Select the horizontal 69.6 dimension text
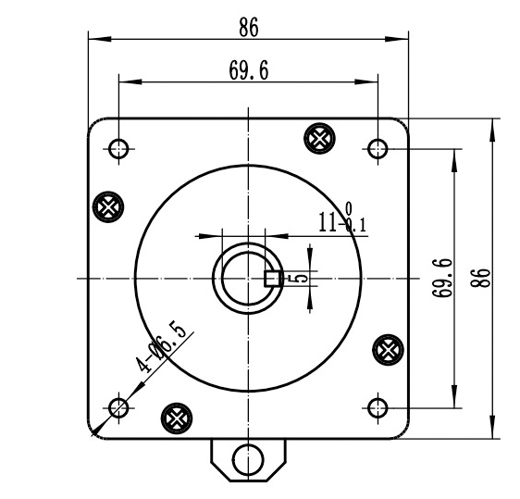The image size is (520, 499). point(248,71)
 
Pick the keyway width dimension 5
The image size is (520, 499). point(303,277)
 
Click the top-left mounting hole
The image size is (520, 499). point(118,149)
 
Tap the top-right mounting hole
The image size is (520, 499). point(377,149)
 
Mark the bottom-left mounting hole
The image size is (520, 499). point(118,407)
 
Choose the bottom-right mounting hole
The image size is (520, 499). point(377,407)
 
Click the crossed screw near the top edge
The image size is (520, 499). point(318,138)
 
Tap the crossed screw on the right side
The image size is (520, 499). point(387,349)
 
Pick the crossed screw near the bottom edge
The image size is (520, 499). point(175,418)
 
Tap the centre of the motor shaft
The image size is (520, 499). point(247,278)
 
